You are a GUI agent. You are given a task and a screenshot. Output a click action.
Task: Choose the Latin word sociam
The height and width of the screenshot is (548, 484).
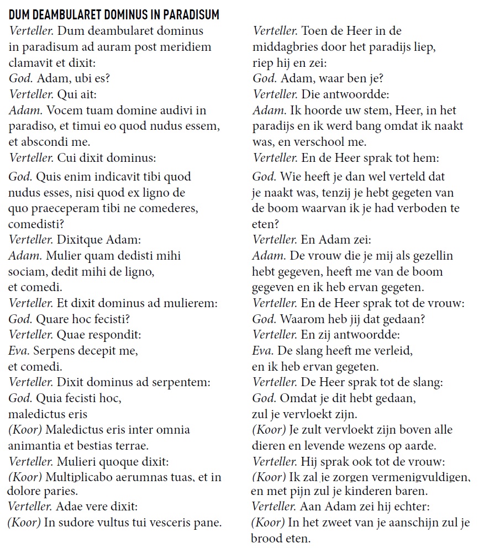(26, 272)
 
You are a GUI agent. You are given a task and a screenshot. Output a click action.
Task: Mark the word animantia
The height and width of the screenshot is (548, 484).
(34, 445)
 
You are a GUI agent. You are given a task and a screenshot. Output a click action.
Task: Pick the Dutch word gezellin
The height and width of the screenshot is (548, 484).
(433, 256)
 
